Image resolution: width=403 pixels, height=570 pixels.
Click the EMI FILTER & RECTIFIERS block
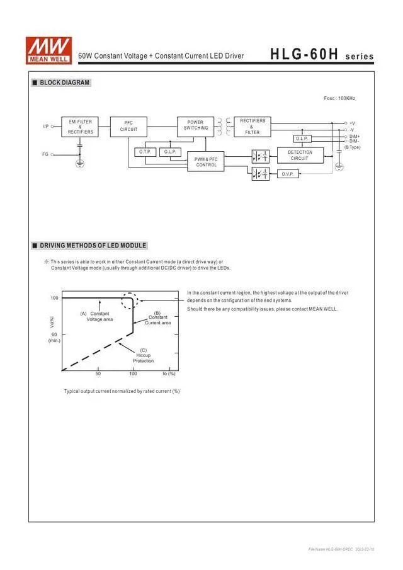(x=81, y=127)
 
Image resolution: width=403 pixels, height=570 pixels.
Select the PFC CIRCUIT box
(x=128, y=126)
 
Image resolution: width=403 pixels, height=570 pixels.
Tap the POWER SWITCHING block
(x=196, y=125)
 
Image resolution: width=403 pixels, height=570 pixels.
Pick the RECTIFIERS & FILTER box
(x=253, y=126)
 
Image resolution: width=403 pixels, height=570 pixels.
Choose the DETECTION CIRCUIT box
(x=300, y=155)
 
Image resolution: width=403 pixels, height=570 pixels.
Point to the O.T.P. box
(x=145, y=152)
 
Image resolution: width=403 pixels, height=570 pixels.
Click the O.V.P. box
(x=288, y=173)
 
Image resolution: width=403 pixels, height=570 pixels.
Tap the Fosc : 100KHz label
(x=340, y=99)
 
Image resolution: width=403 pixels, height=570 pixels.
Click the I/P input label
(x=46, y=127)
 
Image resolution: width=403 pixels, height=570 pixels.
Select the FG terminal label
(x=45, y=154)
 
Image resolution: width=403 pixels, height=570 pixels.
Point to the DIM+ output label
(x=355, y=136)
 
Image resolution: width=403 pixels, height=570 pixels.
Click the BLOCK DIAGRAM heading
(x=64, y=83)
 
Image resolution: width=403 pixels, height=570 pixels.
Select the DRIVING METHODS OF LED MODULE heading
(x=93, y=245)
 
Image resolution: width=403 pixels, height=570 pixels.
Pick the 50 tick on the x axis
(x=98, y=374)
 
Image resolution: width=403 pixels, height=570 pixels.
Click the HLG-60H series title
(x=321, y=55)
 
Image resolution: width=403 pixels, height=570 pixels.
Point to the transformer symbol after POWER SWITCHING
(x=223, y=126)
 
